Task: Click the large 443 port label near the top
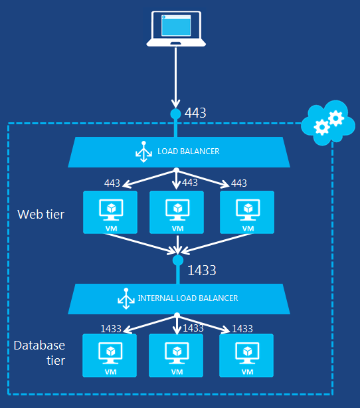click(195, 113)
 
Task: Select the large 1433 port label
click(202, 270)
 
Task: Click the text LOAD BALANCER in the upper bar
click(188, 152)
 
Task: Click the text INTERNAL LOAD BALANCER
click(188, 298)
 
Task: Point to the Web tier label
click(41, 214)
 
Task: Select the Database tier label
click(40, 353)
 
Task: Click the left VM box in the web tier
click(110, 212)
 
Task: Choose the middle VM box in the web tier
click(177, 212)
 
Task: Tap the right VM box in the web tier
click(247, 212)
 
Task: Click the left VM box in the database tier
click(110, 355)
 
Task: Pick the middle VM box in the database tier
click(177, 355)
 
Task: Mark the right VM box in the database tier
click(247, 355)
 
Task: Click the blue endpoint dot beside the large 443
click(176, 114)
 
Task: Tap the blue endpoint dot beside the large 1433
click(177, 260)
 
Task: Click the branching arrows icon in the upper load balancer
click(142, 152)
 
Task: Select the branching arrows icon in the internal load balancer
click(124, 299)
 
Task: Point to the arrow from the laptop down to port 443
click(176, 76)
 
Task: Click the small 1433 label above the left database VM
click(111, 328)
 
